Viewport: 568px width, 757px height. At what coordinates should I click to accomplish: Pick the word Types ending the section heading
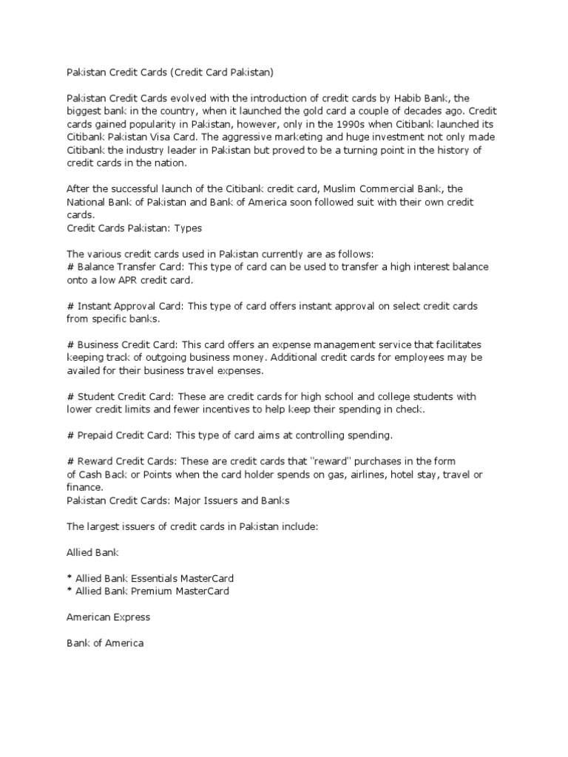(x=188, y=228)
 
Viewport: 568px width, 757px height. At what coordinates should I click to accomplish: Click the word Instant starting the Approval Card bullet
(x=95, y=306)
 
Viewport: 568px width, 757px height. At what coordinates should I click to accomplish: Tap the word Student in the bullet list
(x=95, y=396)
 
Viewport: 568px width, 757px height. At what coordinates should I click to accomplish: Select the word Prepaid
(x=95, y=435)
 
